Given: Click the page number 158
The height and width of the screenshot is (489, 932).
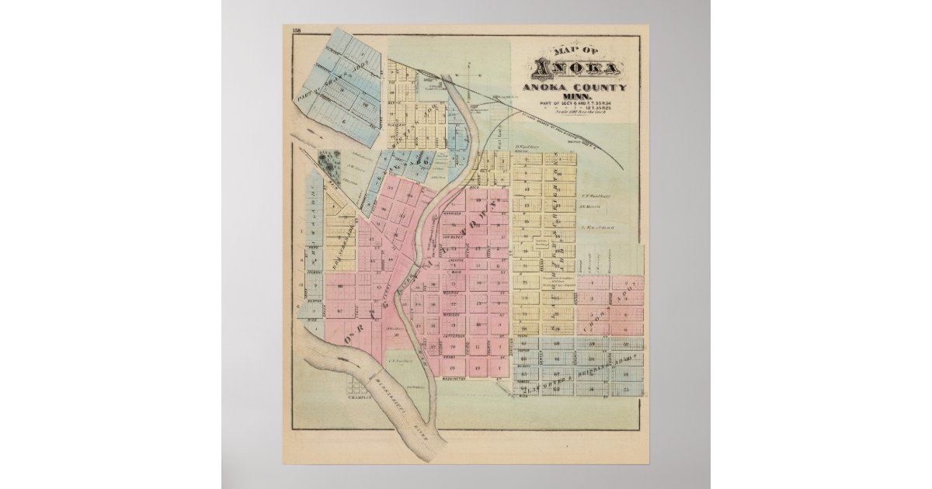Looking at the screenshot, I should (296, 30).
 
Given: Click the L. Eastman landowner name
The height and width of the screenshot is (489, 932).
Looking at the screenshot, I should (597, 227).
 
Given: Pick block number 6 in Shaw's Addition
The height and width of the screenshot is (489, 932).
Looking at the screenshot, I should (343, 121).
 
